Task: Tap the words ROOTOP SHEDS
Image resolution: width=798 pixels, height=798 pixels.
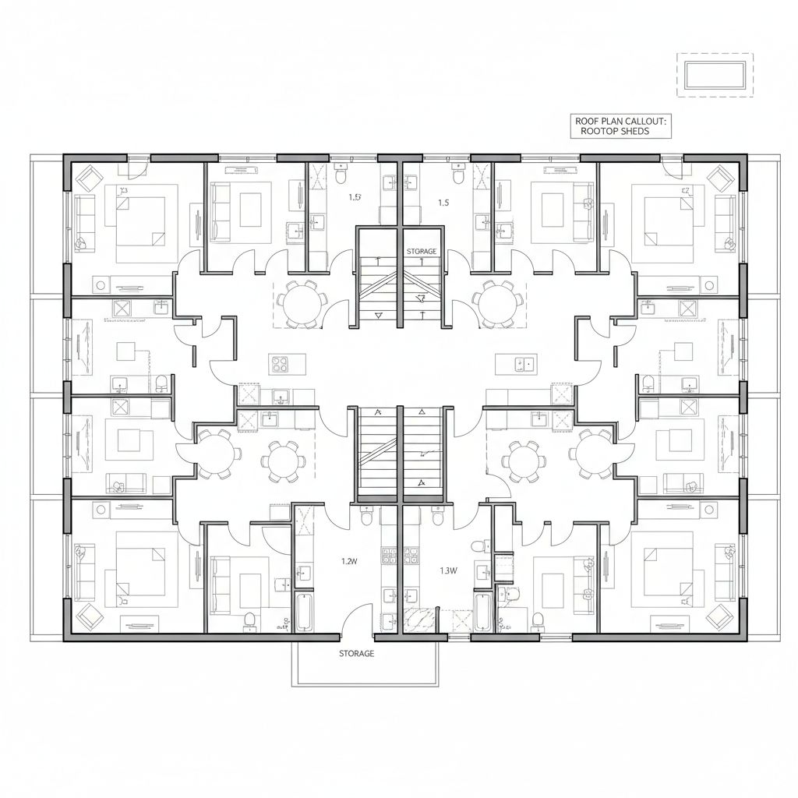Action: pyautogui.click(x=615, y=132)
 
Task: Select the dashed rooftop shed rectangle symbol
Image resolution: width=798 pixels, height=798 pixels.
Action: pyautogui.click(x=715, y=75)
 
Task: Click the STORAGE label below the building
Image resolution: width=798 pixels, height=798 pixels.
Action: pyautogui.click(x=357, y=653)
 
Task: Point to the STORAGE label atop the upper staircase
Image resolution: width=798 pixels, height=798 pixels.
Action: pyautogui.click(x=422, y=252)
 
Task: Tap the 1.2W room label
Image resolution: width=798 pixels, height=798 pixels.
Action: pyautogui.click(x=349, y=560)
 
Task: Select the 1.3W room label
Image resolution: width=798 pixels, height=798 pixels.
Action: pyautogui.click(x=448, y=570)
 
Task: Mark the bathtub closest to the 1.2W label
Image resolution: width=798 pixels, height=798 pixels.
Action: pyautogui.click(x=303, y=612)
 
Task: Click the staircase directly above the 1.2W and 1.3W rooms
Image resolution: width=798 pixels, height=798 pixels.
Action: pyautogui.click(x=400, y=454)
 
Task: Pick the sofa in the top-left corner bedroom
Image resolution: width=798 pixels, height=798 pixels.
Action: pyautogui.click(x=85, y=221)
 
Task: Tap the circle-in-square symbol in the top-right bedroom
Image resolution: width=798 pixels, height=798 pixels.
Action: pyautogui.click(x=708, y=285)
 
